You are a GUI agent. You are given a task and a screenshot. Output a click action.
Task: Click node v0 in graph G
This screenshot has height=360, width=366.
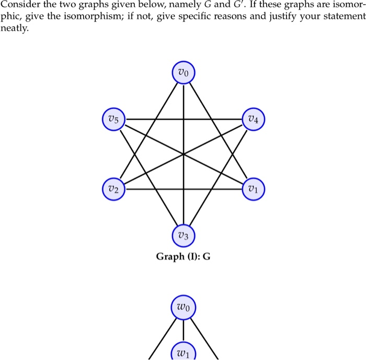[184, 72]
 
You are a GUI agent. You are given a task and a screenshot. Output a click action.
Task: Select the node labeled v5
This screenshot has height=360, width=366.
[113, 119]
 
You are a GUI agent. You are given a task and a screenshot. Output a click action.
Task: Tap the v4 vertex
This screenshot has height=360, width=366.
[254, 119]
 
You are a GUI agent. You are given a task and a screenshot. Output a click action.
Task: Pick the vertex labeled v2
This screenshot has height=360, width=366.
[113, 189]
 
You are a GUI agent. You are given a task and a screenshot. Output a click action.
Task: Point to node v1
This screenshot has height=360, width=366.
[254, 189]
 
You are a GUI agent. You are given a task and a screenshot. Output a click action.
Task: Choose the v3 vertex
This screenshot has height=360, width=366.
[184, 235]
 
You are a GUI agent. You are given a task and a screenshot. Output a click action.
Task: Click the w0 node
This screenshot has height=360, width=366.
[184, 307]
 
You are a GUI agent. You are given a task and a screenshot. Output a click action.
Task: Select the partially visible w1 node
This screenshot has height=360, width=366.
[184, 351]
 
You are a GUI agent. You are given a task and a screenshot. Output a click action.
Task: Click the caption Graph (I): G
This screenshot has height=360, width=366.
[183, 256]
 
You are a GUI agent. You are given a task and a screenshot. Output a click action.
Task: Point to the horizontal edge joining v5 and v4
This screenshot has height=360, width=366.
[184, 119]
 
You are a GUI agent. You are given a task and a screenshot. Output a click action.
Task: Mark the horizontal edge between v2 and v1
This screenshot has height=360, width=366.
[184, 189]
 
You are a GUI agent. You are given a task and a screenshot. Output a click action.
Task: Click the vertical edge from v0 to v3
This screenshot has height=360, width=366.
[184, 154]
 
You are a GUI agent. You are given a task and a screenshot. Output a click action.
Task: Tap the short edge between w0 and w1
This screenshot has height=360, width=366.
[184, 330]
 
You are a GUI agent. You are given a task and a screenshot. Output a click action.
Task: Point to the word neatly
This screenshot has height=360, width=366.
[14, 28]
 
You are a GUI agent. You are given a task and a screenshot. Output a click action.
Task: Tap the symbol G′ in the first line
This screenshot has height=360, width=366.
[239, 4]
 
